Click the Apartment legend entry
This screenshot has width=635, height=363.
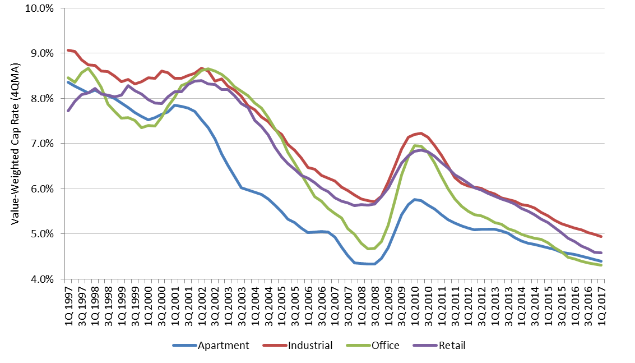coord(223,346)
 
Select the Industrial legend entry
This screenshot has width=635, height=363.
coord(310,346)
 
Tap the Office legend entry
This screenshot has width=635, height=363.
coord(385,346)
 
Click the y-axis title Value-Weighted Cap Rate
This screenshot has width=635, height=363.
coord(16,144)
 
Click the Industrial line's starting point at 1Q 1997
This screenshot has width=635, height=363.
coord(68,50)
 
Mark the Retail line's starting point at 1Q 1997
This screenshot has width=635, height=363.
coord(68,111)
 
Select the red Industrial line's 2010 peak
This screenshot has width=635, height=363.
coord(420,133)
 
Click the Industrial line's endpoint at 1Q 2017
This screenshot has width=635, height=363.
coord(601,236)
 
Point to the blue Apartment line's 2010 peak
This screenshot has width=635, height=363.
coord(414,199)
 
